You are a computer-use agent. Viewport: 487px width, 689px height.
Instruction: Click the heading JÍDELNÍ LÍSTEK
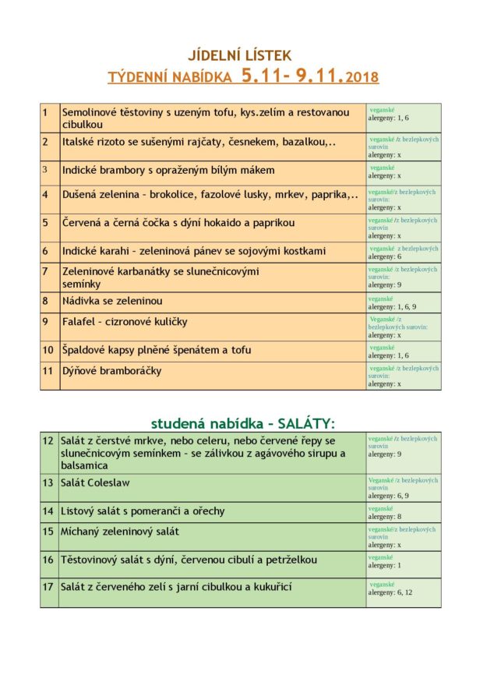point(239,55)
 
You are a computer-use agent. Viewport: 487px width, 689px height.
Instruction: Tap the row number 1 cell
point(49,118)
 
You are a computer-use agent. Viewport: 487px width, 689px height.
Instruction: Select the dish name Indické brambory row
point(168,170)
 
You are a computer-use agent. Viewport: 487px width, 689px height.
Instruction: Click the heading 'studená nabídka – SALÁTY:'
point(243,423)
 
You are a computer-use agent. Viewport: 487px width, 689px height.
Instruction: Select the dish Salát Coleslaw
point(96,482)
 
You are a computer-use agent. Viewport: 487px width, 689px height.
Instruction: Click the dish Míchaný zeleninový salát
point(120,532)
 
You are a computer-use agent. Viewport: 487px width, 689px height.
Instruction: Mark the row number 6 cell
point(49,252)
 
